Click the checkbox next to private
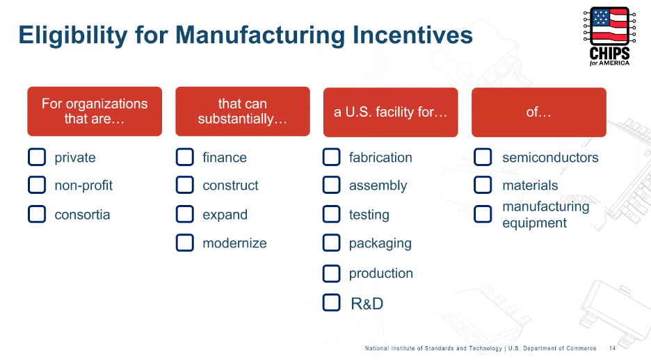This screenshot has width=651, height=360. [x=37, y=157]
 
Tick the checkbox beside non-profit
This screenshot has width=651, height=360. [x=37, y=185]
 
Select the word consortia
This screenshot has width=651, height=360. [x=82, y=215]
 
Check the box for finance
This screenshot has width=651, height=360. [x=184, y=157]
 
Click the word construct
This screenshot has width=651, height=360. [x=230, y=186]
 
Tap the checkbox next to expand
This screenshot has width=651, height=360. [x=184, y=214]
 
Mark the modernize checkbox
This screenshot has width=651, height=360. [x=184, y=243]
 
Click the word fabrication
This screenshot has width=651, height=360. [x=380, y=158]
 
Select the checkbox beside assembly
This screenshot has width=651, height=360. [x=332, y=185]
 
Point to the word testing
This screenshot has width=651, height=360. [x=369, y=215]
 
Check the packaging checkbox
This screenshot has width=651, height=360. [x=332, y=243]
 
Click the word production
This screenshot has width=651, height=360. [x=380, y=273]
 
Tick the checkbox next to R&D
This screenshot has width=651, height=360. [x=332, y=303]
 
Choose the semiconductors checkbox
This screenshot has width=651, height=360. [x=483, y=157]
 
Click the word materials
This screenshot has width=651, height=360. [x=530, y=186]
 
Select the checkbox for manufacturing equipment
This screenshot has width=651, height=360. [x=483, y=214]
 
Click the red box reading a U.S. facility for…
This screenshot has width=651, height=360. [x=390, y=112]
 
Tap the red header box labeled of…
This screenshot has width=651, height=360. [x=538, y=112]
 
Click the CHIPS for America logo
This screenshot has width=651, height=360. [x=609, y=36]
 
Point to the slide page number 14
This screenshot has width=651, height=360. [x=612, y=348]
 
